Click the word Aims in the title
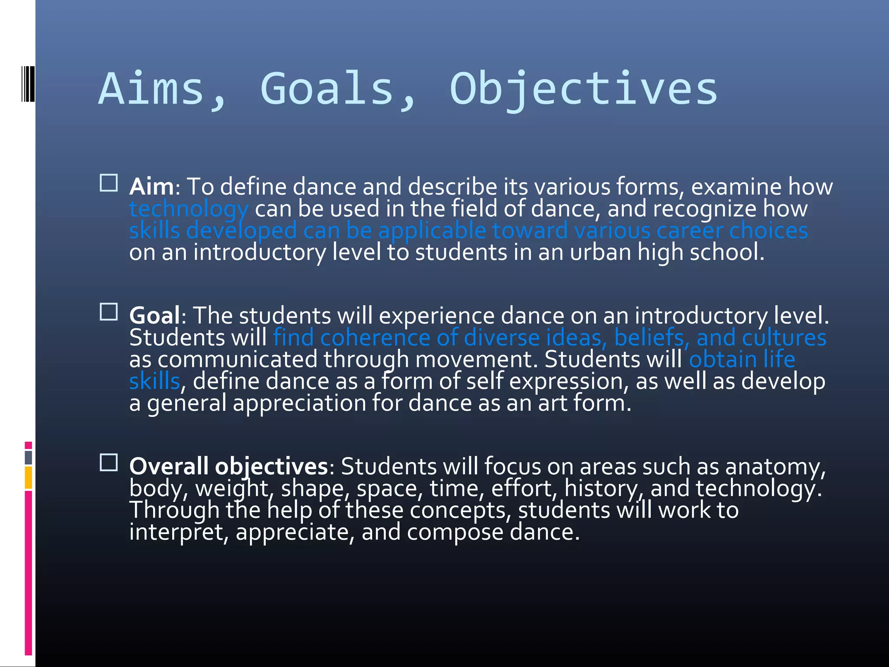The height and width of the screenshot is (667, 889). click(x=151, y=89)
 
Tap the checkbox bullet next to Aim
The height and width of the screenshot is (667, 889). click(x=109, y=183)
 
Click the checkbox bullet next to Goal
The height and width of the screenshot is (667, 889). click(x=109, y=311)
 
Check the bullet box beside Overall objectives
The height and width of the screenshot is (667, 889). click(x=109, y=462)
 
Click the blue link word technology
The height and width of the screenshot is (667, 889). click(x=189, y=209)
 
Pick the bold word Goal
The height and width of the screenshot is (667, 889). click(x=155, y=315)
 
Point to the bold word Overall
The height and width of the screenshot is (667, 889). click(x=169, y=466)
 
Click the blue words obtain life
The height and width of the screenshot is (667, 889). click(x=742, y=360)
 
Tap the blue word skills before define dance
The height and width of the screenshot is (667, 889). click(x=155, y=381)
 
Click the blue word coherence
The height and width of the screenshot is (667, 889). click(x=375, y=338)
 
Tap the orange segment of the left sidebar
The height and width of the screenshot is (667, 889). click(x=28, y=478)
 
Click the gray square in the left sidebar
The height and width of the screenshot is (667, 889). click(x=28, y=457)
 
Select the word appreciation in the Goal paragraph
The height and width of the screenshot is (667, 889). click(x=300, y=403)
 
